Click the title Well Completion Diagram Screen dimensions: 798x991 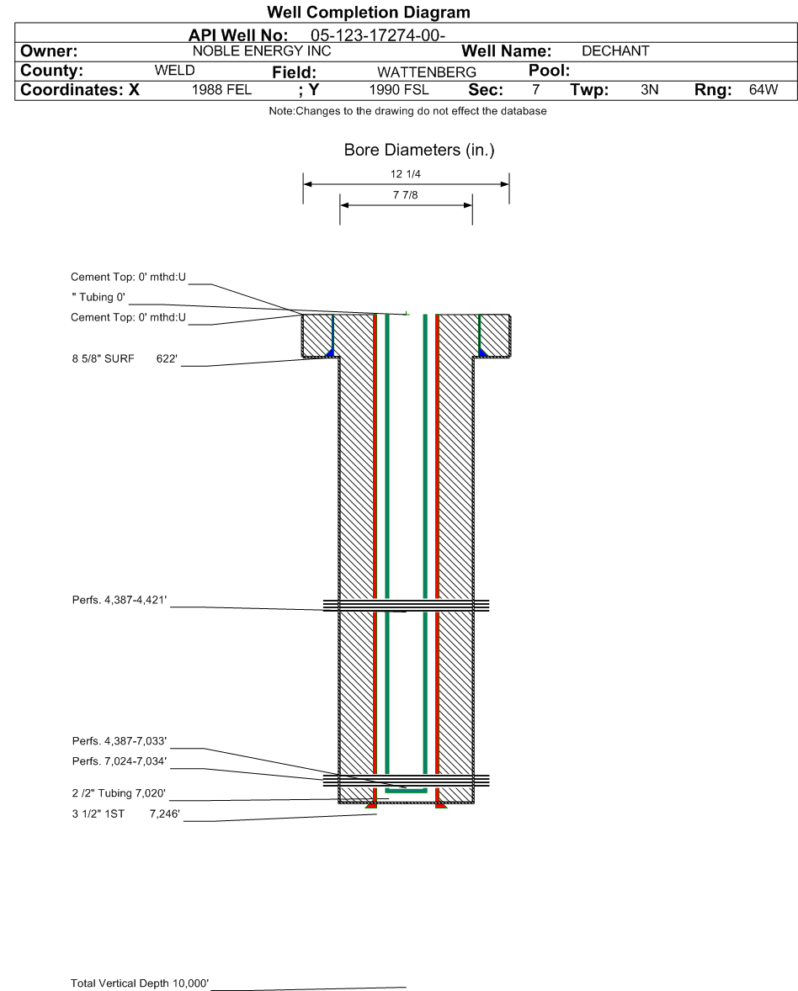click(x=368, y=12)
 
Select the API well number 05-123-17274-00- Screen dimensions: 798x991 click(x=377, y=35)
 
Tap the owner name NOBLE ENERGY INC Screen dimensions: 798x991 click(x=262, y=51)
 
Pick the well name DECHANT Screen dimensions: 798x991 click(x=615, y=51)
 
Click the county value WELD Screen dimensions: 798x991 click(x=174, y=70)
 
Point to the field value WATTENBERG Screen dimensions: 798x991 click(x=427, y=72)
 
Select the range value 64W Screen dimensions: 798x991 click(x=763, y=90)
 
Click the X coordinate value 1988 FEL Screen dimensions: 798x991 click(x=221, y=90)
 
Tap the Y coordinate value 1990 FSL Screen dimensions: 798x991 click(x=398, y=90)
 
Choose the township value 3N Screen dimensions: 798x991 click(x=649, y=90)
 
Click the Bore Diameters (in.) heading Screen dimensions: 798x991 click(x=419, y=151)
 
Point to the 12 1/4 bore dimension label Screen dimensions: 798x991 click(x=406, y=174)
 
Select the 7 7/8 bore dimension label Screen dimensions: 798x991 click(x=406, y=195)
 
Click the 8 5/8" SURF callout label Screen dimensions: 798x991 click(x=103, y=359)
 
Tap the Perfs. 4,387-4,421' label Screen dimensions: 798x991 click(x=120, y=600)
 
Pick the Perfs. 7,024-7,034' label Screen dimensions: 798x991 click(x=120, y=761)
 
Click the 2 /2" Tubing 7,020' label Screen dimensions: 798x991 click(x=119, y=793)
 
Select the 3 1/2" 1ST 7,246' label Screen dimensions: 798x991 click(x=125, y=814)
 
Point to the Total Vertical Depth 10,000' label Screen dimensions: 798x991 click(x=140, y=983)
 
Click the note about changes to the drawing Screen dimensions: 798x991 click(x=408, y=111)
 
